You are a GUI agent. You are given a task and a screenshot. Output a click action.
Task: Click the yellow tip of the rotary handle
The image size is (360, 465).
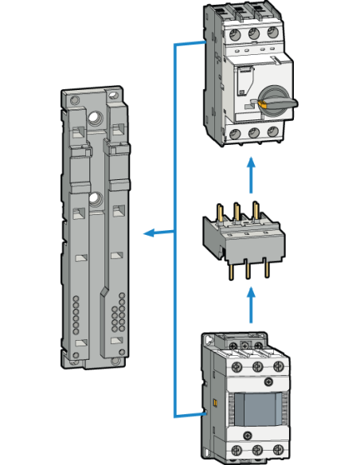click(x=261, y=103)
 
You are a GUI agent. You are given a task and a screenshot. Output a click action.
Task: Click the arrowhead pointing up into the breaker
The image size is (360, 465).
click(x=251, y=162)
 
